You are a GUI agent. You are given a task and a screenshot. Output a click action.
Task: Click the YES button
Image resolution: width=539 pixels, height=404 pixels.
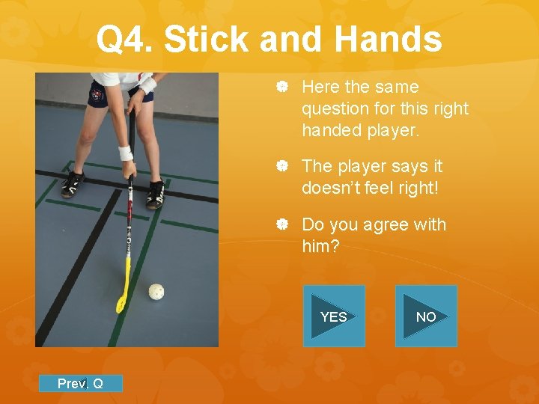(334, 316)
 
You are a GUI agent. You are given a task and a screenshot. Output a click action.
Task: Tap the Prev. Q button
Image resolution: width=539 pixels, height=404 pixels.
(80, 384)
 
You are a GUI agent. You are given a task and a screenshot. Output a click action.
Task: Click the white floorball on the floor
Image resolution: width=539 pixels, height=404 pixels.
(156, 290)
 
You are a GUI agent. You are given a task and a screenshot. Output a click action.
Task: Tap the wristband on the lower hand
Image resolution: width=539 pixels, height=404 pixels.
(125, 153)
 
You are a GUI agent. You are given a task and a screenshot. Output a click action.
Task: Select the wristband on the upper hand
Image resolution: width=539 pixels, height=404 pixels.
(147, 84)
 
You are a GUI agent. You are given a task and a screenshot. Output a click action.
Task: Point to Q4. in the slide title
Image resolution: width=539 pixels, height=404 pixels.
(125, 40)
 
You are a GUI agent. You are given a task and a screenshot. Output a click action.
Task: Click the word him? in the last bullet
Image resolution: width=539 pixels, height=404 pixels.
(320, 245)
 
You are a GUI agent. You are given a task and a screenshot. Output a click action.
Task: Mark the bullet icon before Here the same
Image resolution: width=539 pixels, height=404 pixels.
(283, 88)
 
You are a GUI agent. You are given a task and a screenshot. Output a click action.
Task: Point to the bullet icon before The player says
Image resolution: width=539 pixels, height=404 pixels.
(283, 166)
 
